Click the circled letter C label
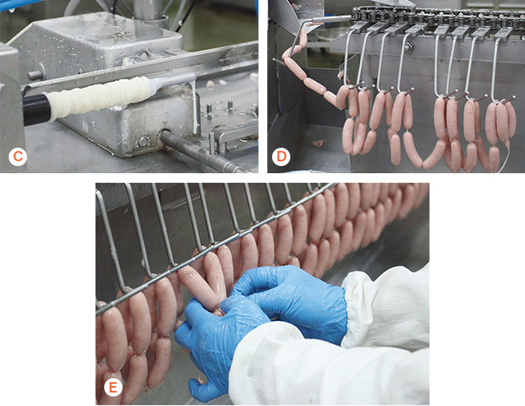(17, 157)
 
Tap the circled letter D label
(281, 157)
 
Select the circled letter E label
(113, 387)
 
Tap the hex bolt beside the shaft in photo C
(143, 141)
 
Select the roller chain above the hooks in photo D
(435, 16)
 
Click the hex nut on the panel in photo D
(408, 47)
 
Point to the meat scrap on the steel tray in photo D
(318, 143)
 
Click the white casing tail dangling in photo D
(505, 157)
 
